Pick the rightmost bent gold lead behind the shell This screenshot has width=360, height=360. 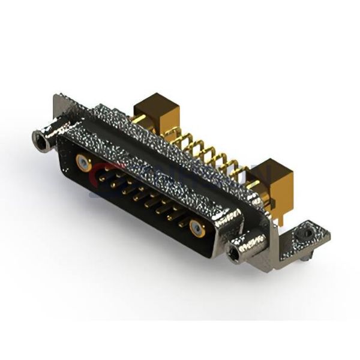[x=239, y=171]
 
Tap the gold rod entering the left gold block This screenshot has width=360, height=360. [x=139, y=120]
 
